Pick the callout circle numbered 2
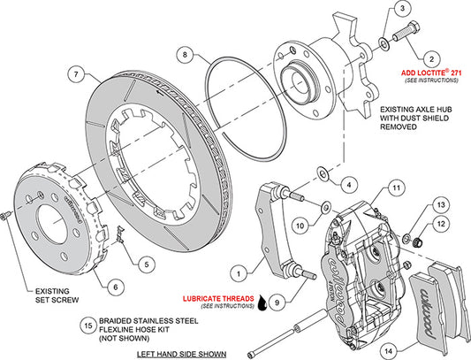[x=430, y=56]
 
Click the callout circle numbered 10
[x=300, y=226]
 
